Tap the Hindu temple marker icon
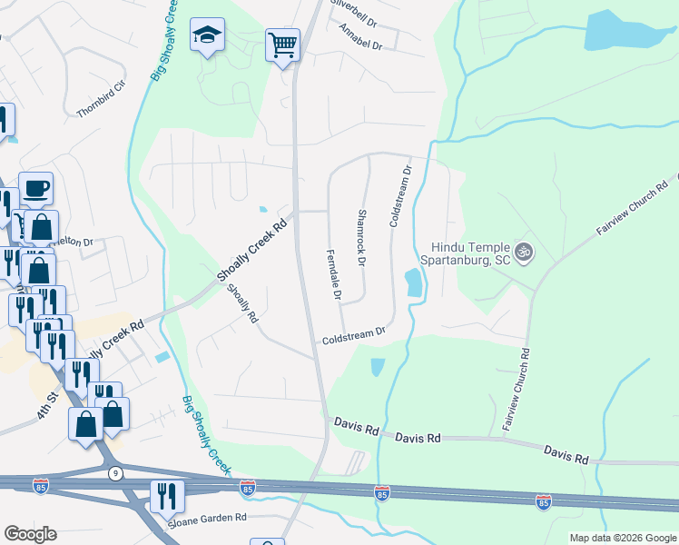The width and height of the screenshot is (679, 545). click(522, 251)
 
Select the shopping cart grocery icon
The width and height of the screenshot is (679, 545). click(282, 44)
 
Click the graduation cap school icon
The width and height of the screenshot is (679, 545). click(207, 36)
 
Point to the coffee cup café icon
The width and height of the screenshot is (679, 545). click(35, 188)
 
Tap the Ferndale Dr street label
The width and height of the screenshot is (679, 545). click(332, 272)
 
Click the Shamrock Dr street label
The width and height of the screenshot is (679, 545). click(360, 238)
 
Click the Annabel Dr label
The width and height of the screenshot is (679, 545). click(361, 36)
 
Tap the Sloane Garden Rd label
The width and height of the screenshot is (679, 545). click(208, 519)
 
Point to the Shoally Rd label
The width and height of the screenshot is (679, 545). click(242, 303)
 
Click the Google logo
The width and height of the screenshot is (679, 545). click(30, 534)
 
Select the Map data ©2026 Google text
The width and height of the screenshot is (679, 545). click(623, 538)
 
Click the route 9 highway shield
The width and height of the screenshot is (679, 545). click(114, 473)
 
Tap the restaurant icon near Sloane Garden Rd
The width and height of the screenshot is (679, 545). click(166, 495)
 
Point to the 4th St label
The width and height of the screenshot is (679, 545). click(46, 401)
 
